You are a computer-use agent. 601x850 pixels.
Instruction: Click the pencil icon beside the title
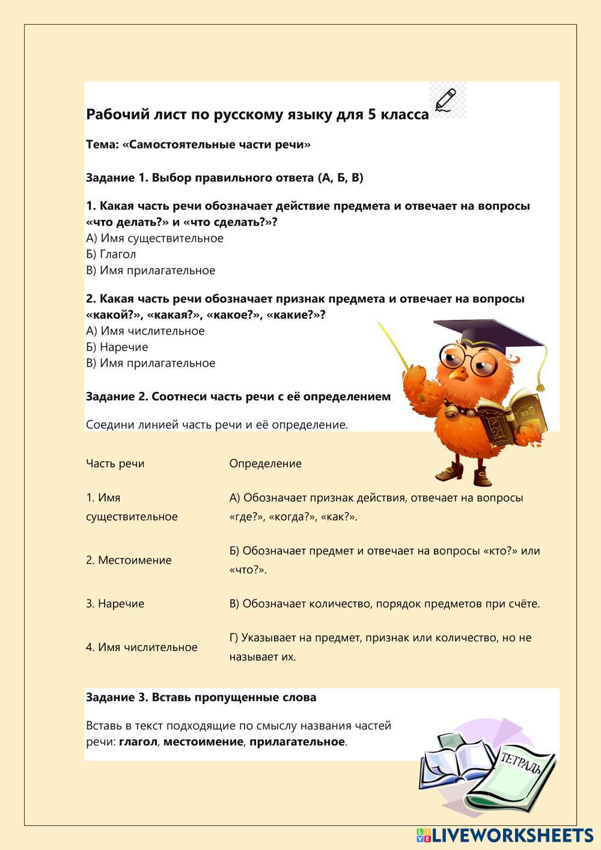[x=446, y=100]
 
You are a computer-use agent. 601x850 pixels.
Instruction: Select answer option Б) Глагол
[x=111, y=254]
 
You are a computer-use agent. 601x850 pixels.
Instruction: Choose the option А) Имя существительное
[x=154, y=238]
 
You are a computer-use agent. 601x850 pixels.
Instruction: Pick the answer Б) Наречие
[x=117, y=347]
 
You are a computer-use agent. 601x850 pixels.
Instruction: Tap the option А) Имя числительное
[x=145, y=331]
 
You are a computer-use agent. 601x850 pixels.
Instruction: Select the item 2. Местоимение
[x=129, y=560]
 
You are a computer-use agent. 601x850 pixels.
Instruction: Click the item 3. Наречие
[x=115, y=604]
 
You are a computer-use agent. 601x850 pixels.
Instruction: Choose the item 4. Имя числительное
[x=141, y=647]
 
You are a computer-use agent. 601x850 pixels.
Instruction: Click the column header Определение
[x=265, y=463]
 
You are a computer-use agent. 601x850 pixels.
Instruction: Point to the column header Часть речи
[x=115, y=463]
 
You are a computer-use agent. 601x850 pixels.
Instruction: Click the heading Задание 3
[x=201, y=697]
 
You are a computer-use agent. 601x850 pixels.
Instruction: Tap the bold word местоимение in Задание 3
[x=203, y=742]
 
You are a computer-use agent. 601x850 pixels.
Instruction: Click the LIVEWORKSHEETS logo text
[x=511, y=835]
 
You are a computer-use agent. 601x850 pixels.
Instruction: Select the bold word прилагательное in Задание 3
[x=297, y=742]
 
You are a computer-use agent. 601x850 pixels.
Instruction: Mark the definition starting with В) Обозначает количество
[x=385, y=604]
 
